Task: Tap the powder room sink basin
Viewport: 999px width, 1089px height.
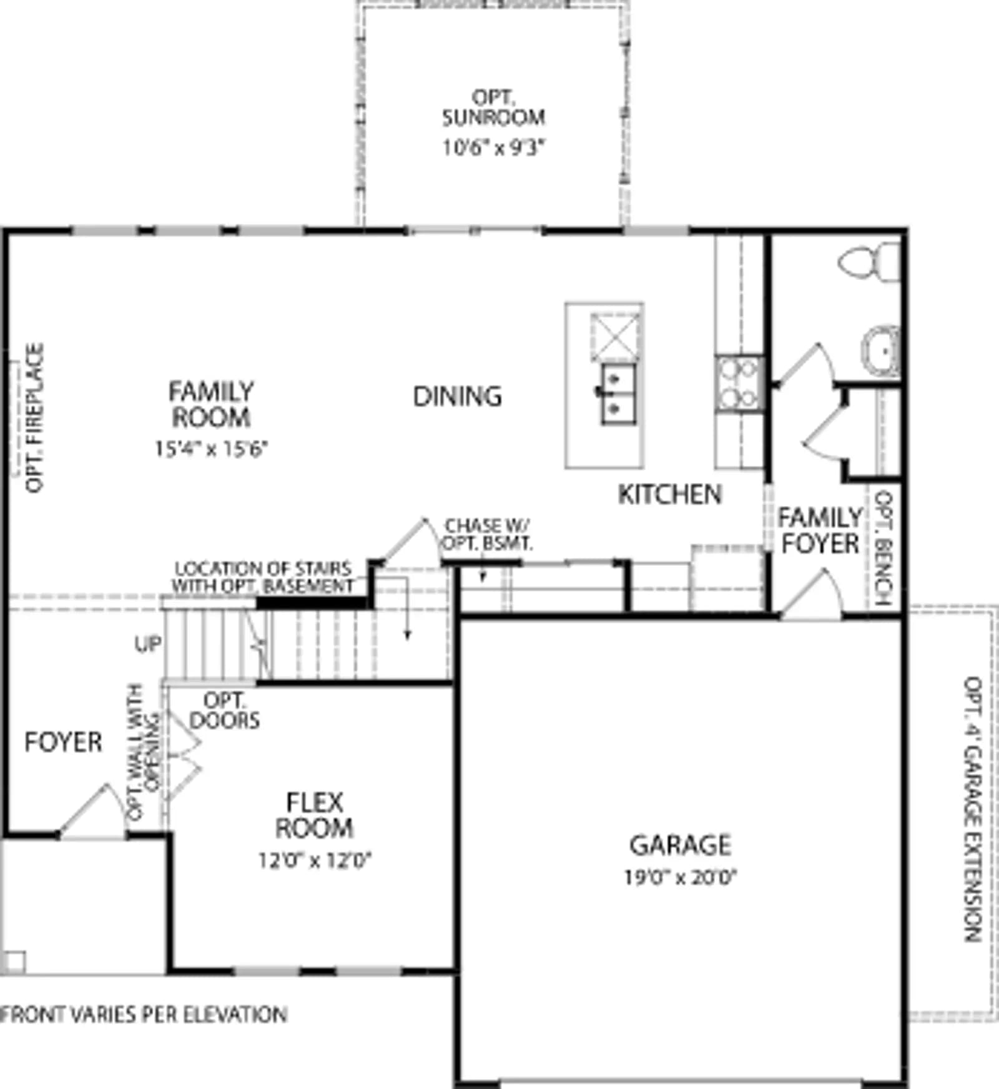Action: [881, 352]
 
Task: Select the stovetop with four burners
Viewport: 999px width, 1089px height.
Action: [739, 383]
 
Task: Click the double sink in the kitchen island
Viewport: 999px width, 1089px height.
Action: [618, 394]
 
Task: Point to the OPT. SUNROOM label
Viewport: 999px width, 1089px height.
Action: [493, 107]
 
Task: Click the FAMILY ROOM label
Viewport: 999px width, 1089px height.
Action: [211, 404]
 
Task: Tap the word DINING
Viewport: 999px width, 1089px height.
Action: [458, 396]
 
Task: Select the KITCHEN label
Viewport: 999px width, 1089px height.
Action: [670, 494]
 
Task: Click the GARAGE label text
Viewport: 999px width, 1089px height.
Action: [680, 845]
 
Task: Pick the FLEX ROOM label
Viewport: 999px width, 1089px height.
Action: [314, 815]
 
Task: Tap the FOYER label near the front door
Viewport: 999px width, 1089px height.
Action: [63, 742]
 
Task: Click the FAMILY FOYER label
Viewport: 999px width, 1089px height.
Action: [820, 530]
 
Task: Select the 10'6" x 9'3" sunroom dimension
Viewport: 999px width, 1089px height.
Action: [493, 148]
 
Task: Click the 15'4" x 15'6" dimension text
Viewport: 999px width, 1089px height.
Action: [211, 449]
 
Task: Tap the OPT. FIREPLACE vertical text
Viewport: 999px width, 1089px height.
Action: [34, 417]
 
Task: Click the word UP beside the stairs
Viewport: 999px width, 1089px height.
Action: [148, 644]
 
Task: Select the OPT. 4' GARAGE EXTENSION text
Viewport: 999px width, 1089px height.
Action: [973, 809]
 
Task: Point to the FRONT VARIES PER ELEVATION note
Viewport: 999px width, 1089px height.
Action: [144, 1014]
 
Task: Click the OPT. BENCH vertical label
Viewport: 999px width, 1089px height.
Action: [883, 549]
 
